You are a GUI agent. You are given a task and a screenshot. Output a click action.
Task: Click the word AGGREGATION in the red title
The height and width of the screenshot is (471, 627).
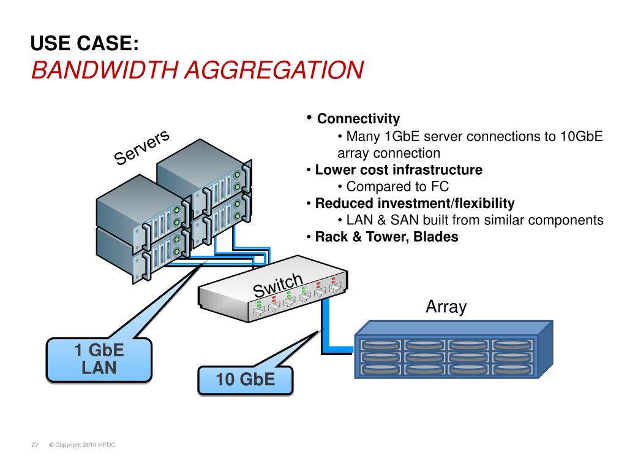point(274,70)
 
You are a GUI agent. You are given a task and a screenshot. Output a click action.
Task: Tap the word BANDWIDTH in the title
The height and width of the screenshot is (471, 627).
point(105,70)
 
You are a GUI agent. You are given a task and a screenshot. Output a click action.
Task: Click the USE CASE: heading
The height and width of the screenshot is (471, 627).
point(84,44)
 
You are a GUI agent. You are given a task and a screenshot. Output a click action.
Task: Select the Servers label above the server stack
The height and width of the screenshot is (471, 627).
point(141,147)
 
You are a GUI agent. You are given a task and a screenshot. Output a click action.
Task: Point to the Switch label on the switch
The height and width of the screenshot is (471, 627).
point(278,285)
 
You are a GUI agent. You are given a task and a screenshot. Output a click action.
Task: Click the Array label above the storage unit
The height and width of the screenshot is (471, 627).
point(446,307)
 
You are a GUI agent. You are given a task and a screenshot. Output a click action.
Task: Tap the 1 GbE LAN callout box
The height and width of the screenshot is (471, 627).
point(99,359)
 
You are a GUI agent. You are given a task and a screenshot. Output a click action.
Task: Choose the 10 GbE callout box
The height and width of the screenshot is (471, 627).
point(246,380)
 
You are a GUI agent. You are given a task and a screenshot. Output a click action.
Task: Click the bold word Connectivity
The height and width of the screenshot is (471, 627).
point(358,118)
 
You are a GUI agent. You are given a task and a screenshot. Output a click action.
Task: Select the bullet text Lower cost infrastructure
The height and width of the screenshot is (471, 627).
point(399,170)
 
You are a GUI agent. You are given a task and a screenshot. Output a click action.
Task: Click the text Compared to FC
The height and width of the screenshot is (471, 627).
point(397,186)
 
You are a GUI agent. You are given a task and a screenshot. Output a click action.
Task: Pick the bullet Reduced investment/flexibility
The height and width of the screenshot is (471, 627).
point(415,204)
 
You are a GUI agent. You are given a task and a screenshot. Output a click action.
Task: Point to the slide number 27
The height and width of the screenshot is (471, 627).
point(35,445)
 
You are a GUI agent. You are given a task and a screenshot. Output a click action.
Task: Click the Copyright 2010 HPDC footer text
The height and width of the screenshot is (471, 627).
point(82,445)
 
